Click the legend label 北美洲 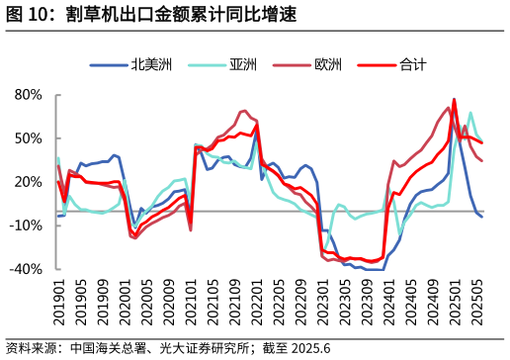pyautogui.click(x=151, y=65)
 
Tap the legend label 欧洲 pyautogui.click(x=328, y=65)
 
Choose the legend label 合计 pyautogui.click(x=414, y=65)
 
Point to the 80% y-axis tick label pyautogui.click(x=29, y=95)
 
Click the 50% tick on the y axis pyautogui.click(x=29, y=138)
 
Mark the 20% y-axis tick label pyautogui.click(x=29, y=182)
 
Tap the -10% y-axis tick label pyautogui.click(x=27, y=225)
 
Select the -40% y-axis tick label pyautogui.click(x=27, y=269)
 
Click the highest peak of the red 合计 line pyautogui.click(x=454, y=100)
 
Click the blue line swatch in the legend pyautogui.click(x=108, y=65)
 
